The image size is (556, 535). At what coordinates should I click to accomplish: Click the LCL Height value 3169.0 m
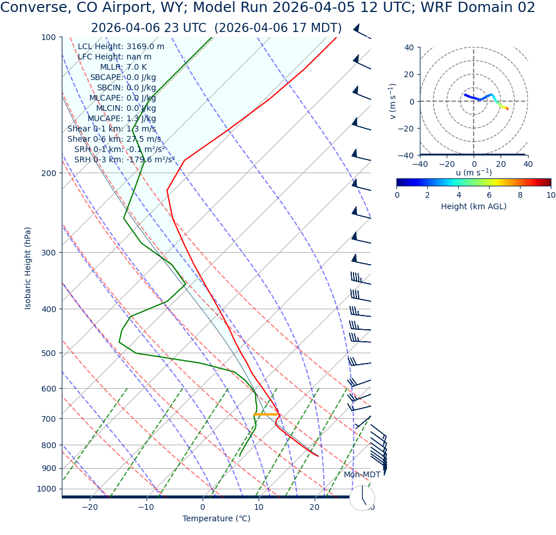[x=145, y=47]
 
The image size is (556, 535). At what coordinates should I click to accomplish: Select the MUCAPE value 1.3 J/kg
[x=141, y=119]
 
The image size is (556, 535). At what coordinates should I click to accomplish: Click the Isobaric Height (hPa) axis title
[x=28, y=268]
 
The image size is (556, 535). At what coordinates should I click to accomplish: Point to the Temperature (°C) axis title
[x=216, y=519]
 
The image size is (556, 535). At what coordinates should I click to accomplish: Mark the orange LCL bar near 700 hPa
[x=265, y=414]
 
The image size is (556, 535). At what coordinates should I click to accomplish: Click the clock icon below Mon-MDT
[x=362, y=498]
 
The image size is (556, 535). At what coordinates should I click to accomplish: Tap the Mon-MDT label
[x=362, y=475]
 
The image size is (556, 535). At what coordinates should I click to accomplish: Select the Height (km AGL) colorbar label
[x=474, y=206]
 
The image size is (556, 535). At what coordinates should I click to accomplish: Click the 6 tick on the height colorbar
[x=490, y=195]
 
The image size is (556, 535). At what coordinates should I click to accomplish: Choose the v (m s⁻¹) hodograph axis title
[x=392, y=101]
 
